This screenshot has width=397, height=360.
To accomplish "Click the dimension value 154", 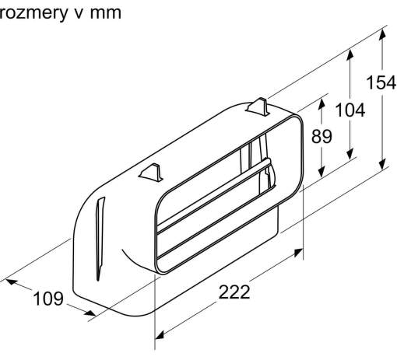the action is [x=381, y=83].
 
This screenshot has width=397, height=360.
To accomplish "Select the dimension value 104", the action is [x=350, y=110].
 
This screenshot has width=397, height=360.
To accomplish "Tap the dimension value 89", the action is [x=321, y=136].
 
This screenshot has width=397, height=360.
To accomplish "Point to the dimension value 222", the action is [x=234, y=292].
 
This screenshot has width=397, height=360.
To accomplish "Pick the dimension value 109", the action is [x=48, y=299].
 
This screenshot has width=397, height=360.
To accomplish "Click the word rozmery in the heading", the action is [x=33, y=13].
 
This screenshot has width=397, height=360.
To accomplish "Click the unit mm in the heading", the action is [x=106, y=14].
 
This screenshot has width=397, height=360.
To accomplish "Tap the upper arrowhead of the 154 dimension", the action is [x=382, y=35].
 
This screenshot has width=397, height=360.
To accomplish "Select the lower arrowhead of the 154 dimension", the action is [x=382, y=164].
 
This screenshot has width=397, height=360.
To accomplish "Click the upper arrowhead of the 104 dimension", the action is [x=350, y=54].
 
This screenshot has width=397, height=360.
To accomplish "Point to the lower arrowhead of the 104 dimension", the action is [x=350, y=154].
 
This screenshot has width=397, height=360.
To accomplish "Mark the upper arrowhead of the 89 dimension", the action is [x=321, y=103].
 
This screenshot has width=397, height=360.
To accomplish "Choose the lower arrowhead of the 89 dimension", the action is [x=321, y=172].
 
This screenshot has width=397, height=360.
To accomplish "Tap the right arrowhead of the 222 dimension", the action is [x=298, y=252].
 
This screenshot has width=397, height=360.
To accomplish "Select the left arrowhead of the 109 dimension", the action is [x=12, y=281].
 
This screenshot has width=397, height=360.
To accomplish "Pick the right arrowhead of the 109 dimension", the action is [x=90, y=313].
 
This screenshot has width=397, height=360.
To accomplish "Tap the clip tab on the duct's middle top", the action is [x=151, y=173].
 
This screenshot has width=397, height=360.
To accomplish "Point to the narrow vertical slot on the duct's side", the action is [x=100, y=239].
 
